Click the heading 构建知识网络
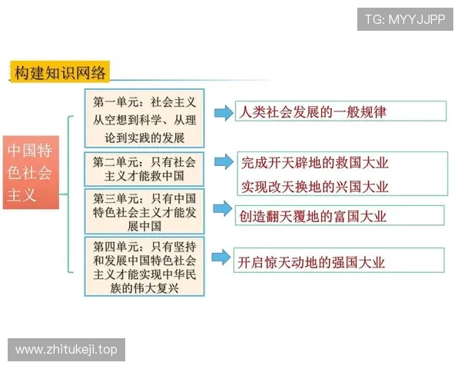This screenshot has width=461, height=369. pyautogui.click(x=61, y=74)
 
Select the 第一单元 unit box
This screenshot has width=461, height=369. pyautogui.click(x=144, y=119)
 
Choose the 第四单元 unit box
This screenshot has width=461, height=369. pyautogui.click(x=144, y=266)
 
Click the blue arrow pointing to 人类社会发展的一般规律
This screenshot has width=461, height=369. pyautogui.click(x=222, y=113)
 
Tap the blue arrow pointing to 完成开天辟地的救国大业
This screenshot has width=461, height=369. pyautogui.click(x=222, y=161)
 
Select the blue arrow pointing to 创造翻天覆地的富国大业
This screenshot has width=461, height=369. pyautogui.click(x=222, y=208)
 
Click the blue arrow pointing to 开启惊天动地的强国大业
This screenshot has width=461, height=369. pyautogui.click(x=222, y=256)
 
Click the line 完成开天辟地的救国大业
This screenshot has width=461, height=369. pyautogui.click(x=315, y=162)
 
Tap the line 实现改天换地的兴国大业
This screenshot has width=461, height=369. pyautogui.click(x=315, y=186)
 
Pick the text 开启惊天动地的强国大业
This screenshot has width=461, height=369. pyautogui.click(x=311, y=262)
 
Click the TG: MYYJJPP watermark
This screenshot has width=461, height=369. pyautogui.click(x=404, y=19)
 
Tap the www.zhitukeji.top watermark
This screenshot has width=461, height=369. pyautogui.click(x=67, y=350)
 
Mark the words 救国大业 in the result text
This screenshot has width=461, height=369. pyautogui.click(x=363, y=162)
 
